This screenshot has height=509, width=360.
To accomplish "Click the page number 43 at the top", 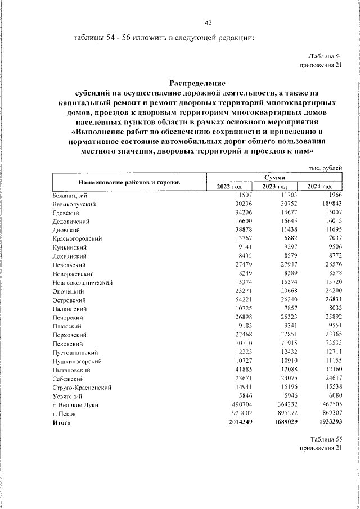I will coord(208,22).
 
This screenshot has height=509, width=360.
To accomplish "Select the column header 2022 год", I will coord(228,187).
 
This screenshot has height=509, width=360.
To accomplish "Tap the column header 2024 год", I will coord(319,187).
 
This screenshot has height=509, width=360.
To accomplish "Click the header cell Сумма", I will coord(274,178).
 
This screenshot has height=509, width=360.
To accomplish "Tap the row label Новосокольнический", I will coord(83,283).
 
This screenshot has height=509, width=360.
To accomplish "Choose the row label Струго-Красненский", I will coord(82,388).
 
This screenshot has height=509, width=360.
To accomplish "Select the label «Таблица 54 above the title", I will coord(325,57).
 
